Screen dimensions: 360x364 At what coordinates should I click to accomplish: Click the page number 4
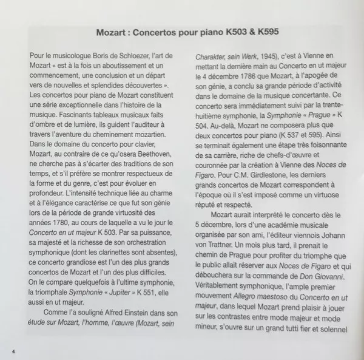tap(13, 352)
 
